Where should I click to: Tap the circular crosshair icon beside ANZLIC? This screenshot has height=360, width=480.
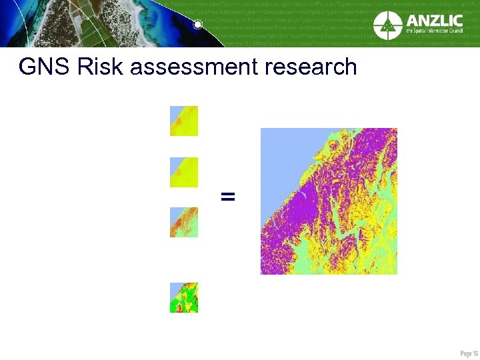point(387,25)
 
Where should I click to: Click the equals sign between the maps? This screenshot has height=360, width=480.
point(228,196)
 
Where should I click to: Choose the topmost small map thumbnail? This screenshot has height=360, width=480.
point(184,121)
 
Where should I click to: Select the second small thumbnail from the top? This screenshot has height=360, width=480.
point(184,172)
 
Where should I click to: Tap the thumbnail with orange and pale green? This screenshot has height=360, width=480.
point(184,222)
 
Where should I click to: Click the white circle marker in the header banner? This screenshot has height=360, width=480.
point(197,25)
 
